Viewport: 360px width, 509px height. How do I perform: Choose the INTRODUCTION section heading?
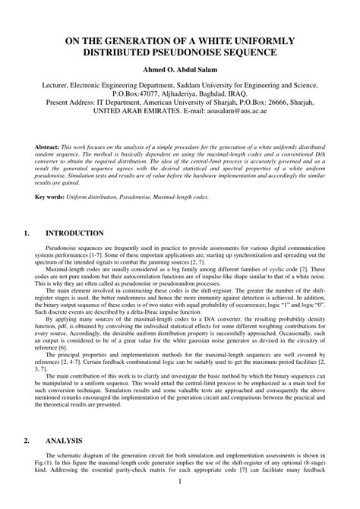(x=74, y=233)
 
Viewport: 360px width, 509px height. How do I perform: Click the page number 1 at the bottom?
(x=180, y=502)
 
